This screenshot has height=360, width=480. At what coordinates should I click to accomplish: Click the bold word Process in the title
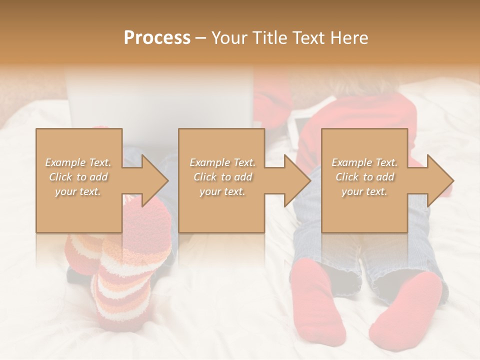point(157,38)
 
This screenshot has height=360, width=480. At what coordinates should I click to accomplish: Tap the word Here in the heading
point(348,38)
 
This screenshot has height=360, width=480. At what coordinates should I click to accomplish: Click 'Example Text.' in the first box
point(78,162)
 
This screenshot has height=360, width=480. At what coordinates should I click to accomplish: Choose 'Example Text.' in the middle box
point(222,162)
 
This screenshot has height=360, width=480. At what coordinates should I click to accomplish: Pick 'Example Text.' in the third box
point(364,162)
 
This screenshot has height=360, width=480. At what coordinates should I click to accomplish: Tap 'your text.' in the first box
point(78,191)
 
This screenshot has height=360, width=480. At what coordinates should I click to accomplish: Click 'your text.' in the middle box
point(222,191)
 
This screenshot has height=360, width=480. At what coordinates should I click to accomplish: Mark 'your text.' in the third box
point(364,191)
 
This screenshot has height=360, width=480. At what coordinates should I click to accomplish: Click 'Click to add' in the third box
point(364,177)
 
